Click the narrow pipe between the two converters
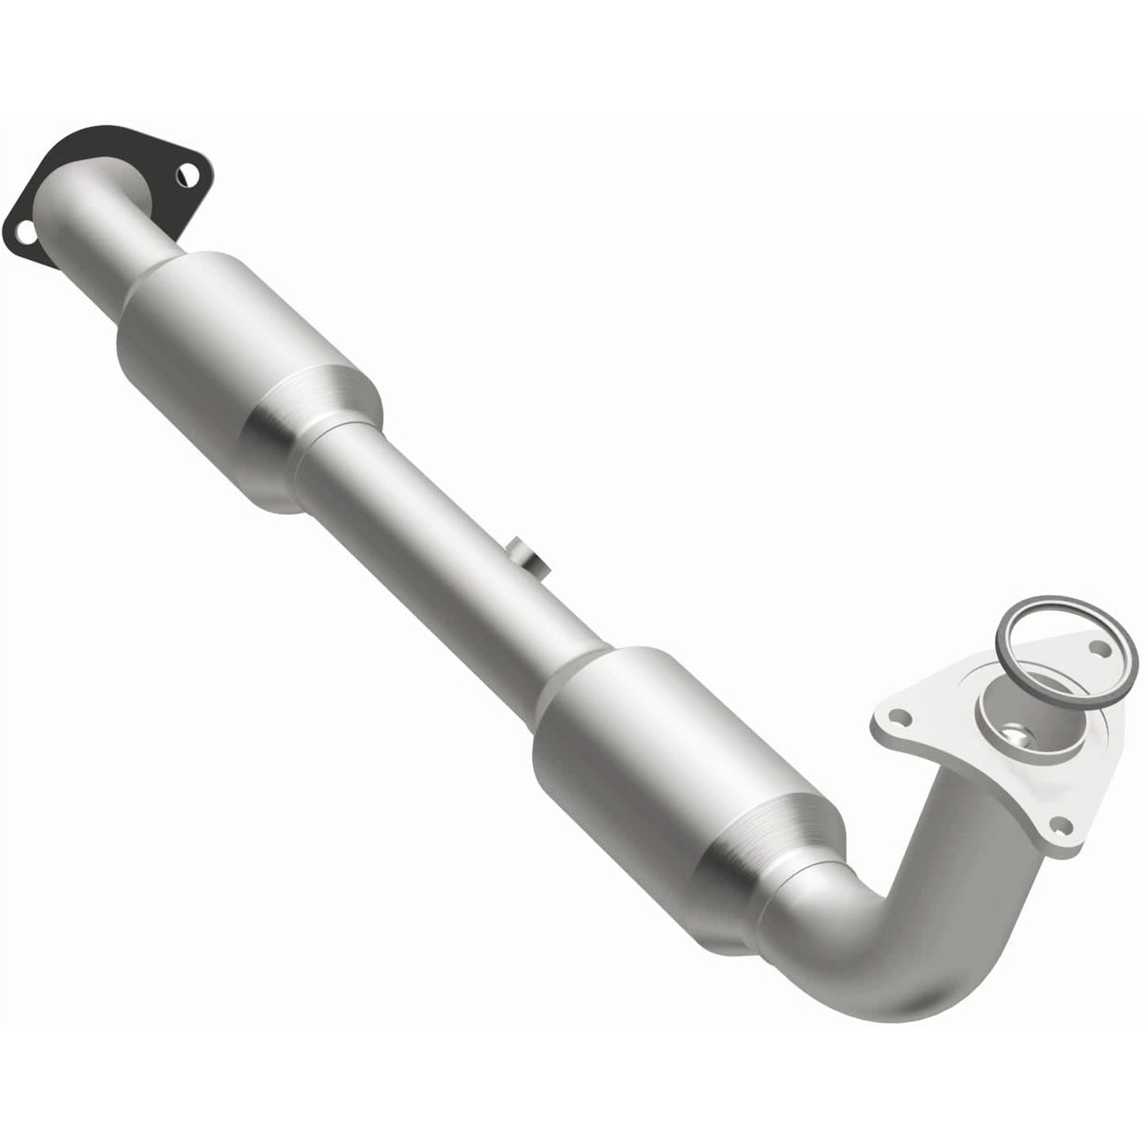444,539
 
